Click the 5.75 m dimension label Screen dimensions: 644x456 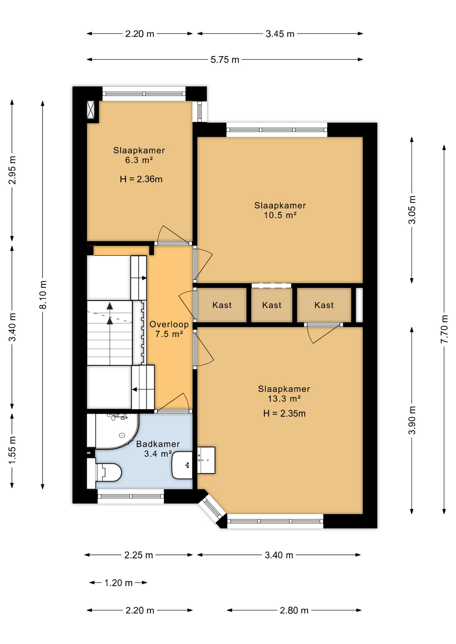coord(225,60)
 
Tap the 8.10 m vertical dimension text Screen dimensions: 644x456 coord(43,294)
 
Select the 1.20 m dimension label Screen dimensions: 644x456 coord(118,583)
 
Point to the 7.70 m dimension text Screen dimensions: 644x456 coord(444,329)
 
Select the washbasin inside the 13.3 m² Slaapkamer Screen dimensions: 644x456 coord(206,460)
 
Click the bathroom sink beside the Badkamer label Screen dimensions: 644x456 coord(182,465)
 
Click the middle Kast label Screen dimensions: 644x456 coord(272,305)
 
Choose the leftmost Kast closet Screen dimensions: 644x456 coord(222,305)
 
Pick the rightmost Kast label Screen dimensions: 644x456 coord(324,305)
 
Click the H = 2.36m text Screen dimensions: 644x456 coord(141,179)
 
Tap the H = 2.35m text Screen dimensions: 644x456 coord(284,414)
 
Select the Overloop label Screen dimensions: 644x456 coord(169,324)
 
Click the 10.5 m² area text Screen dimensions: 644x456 coord(280,215)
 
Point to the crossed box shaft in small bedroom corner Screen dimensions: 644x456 coord(91,110)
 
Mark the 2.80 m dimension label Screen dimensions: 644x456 coord(294,610)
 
